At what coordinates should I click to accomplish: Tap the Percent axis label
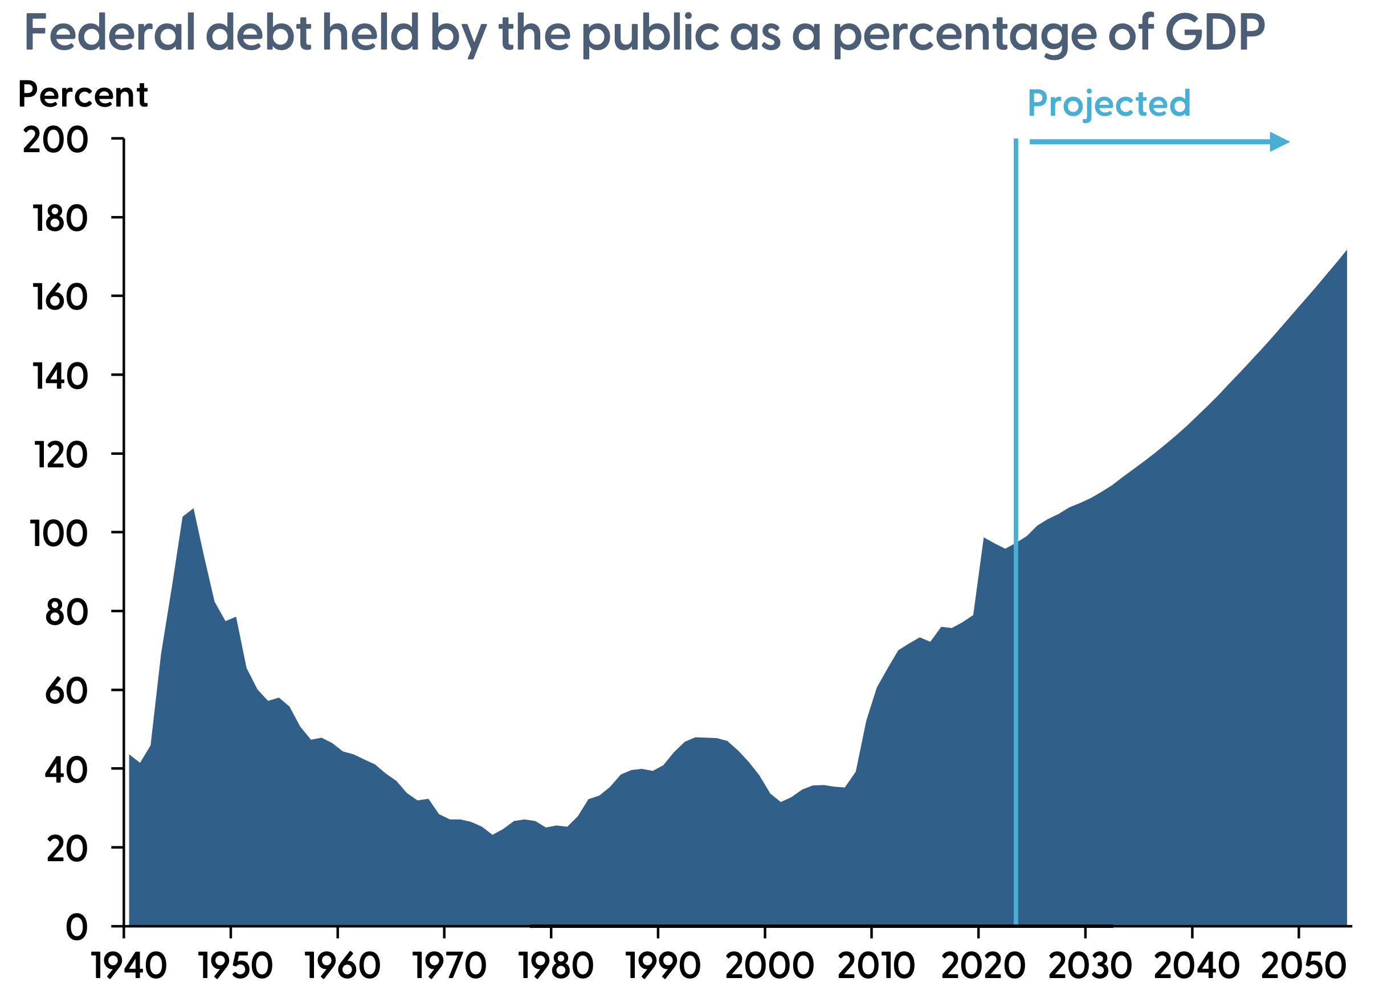(83, 95)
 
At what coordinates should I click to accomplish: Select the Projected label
(1108, 104)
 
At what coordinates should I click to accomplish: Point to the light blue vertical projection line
(1016, 426)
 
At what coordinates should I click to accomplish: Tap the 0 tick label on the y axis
(76, 928)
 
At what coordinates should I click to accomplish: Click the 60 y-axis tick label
(66, 692)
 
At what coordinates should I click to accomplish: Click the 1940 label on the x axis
(129, 966)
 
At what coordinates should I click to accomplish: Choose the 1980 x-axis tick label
(556, 966)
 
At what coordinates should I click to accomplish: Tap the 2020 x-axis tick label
(982, 966)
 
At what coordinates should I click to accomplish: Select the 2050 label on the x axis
(1303, 966)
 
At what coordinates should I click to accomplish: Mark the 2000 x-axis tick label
(769, 966)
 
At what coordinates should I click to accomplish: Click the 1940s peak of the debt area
(193, 510)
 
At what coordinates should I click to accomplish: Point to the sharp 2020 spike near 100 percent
(985, 539)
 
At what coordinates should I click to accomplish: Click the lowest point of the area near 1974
(492, 835)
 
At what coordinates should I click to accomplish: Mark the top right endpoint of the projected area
(1346, 251)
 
